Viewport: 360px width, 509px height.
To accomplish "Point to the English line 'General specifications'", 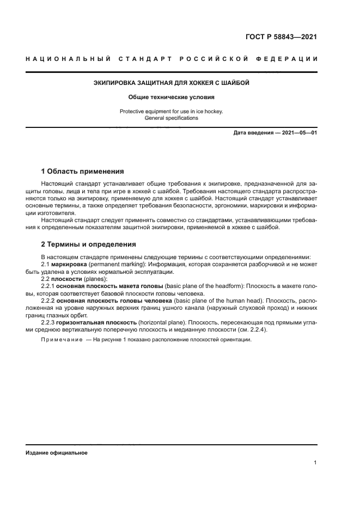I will coord(172,118).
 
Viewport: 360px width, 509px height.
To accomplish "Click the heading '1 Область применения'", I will coord(83,171).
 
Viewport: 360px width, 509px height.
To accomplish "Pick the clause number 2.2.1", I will coord(48,286).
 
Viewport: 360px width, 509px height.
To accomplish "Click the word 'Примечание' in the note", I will coord(60,340).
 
